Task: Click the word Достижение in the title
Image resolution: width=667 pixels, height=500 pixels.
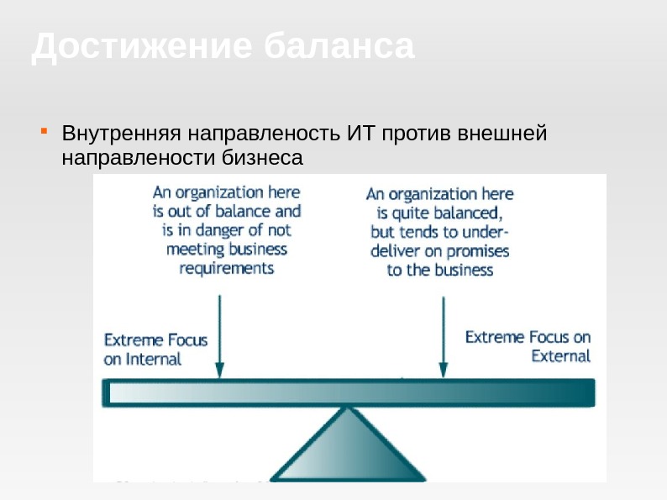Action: (139, 47)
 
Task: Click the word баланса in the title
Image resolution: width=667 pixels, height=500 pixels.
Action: (339, 47)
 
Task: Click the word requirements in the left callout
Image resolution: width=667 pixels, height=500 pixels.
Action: (226, 268)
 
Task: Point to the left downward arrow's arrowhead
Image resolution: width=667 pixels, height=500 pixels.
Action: (220, 371)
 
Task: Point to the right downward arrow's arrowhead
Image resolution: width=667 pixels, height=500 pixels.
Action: (444, 371)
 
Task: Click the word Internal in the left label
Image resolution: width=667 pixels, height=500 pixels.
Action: (153, 360)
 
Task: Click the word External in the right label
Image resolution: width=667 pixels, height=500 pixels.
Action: (561, 355)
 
